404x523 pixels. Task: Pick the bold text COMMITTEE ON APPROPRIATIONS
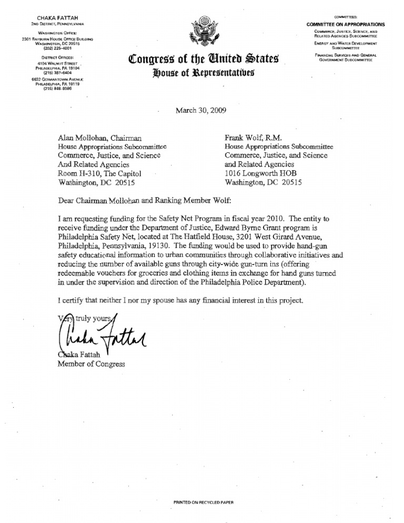(346, 25)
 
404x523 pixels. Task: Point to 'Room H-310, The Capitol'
(99, 173)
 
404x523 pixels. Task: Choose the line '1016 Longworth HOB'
(258, 173)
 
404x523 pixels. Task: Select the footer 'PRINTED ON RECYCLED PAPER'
(202, 504)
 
